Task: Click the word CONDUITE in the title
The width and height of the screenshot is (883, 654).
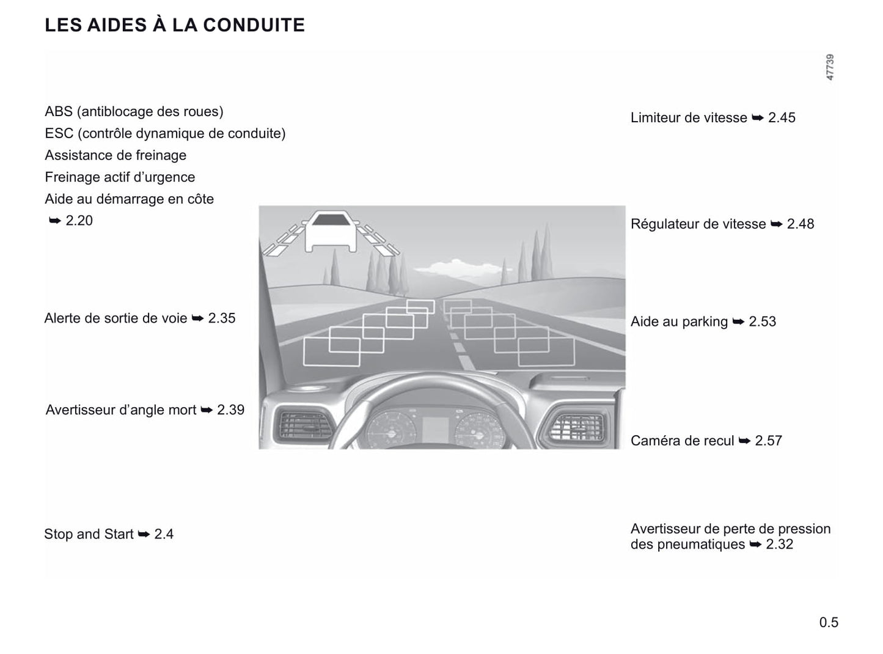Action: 254,25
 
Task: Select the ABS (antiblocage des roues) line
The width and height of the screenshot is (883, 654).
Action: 134,111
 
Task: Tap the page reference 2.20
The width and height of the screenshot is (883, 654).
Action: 79,221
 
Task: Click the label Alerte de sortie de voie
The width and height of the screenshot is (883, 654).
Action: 115,318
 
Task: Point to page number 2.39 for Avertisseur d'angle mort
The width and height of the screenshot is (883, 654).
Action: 230,410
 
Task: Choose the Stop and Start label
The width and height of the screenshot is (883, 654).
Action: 89,534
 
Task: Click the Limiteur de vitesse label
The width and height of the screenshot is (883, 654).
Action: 689,118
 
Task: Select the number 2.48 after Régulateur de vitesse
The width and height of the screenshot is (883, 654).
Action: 800,224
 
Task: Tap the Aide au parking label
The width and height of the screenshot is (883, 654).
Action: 679,321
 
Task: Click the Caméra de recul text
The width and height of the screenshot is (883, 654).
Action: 683,441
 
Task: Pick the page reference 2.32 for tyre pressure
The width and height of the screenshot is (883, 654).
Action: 780,544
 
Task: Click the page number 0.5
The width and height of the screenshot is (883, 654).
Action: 829,622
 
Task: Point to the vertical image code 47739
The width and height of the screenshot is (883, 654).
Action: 830,67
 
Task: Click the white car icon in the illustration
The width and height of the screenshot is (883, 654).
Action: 331,232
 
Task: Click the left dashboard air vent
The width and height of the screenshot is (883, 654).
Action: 304,425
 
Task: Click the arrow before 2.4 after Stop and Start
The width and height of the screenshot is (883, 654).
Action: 144,534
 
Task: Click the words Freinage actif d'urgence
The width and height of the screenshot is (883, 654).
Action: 120,177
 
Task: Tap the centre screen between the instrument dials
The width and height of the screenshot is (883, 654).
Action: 434,429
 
